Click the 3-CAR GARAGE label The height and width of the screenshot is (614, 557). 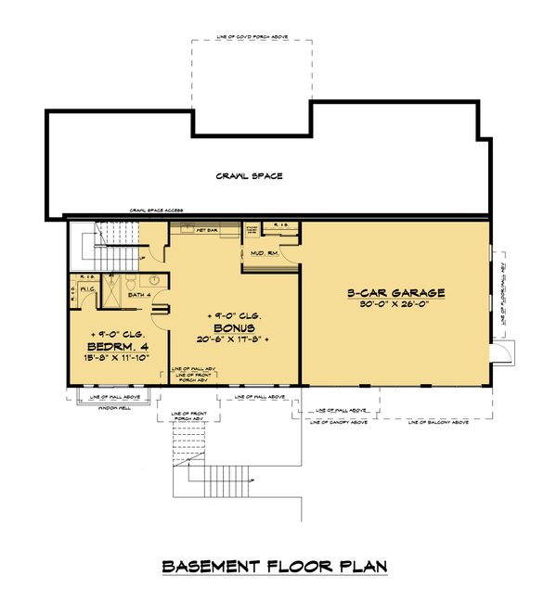tap(396, 292)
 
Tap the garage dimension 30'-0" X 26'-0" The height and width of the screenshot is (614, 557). tap(396, 305)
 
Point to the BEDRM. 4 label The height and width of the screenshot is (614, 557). tap(117, 350)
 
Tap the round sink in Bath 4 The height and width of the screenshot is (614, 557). tap(155, 277)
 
